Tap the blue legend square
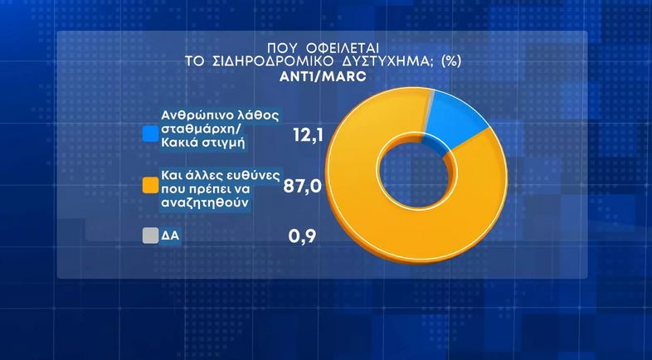pyautogui.click(x=149, y=133)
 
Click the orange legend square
pyautogui.click(x=149, y=185)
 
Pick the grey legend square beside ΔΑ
pyautogui.click(x=149, y=236)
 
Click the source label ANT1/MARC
pyautogui.click(x=323, y=75)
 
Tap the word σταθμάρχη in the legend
pyautogui.click(x=196, y=133)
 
